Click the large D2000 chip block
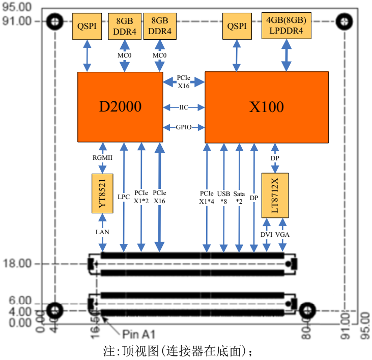pyautogui.click(x=120, y=107)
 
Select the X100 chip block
pyautogui.click(x=266, y=107)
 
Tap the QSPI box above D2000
pyautogui.click(x=87, y=25)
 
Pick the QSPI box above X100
pyautogui.click(x=237, y=25)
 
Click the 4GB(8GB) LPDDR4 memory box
pyautogui.click(x=286, y=25)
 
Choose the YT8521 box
pyautogui.click(x=102, y=194)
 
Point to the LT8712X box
pyautogui.click(x=275, y=196)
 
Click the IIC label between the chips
pyautogui.click(x=184, y=107)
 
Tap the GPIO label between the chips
pyautogui.click(x=184, y=127)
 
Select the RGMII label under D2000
pyautogui.click(x=102, y=158)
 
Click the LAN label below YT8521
pyautogui.click(x=102, y=232)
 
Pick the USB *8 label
pyautogui.click(x=223, y=197)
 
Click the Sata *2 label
pyautogui.click(x=239, y=197)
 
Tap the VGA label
pyautogui.click(x=282, y=235)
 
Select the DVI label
pyautogui.click(x=267, y=235)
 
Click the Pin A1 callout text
pyautogui.click(x=138, y=335)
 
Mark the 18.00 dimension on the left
pyautogui.click(x=17, y=264)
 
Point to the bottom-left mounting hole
pyautogui.click(x=54, y=310)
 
